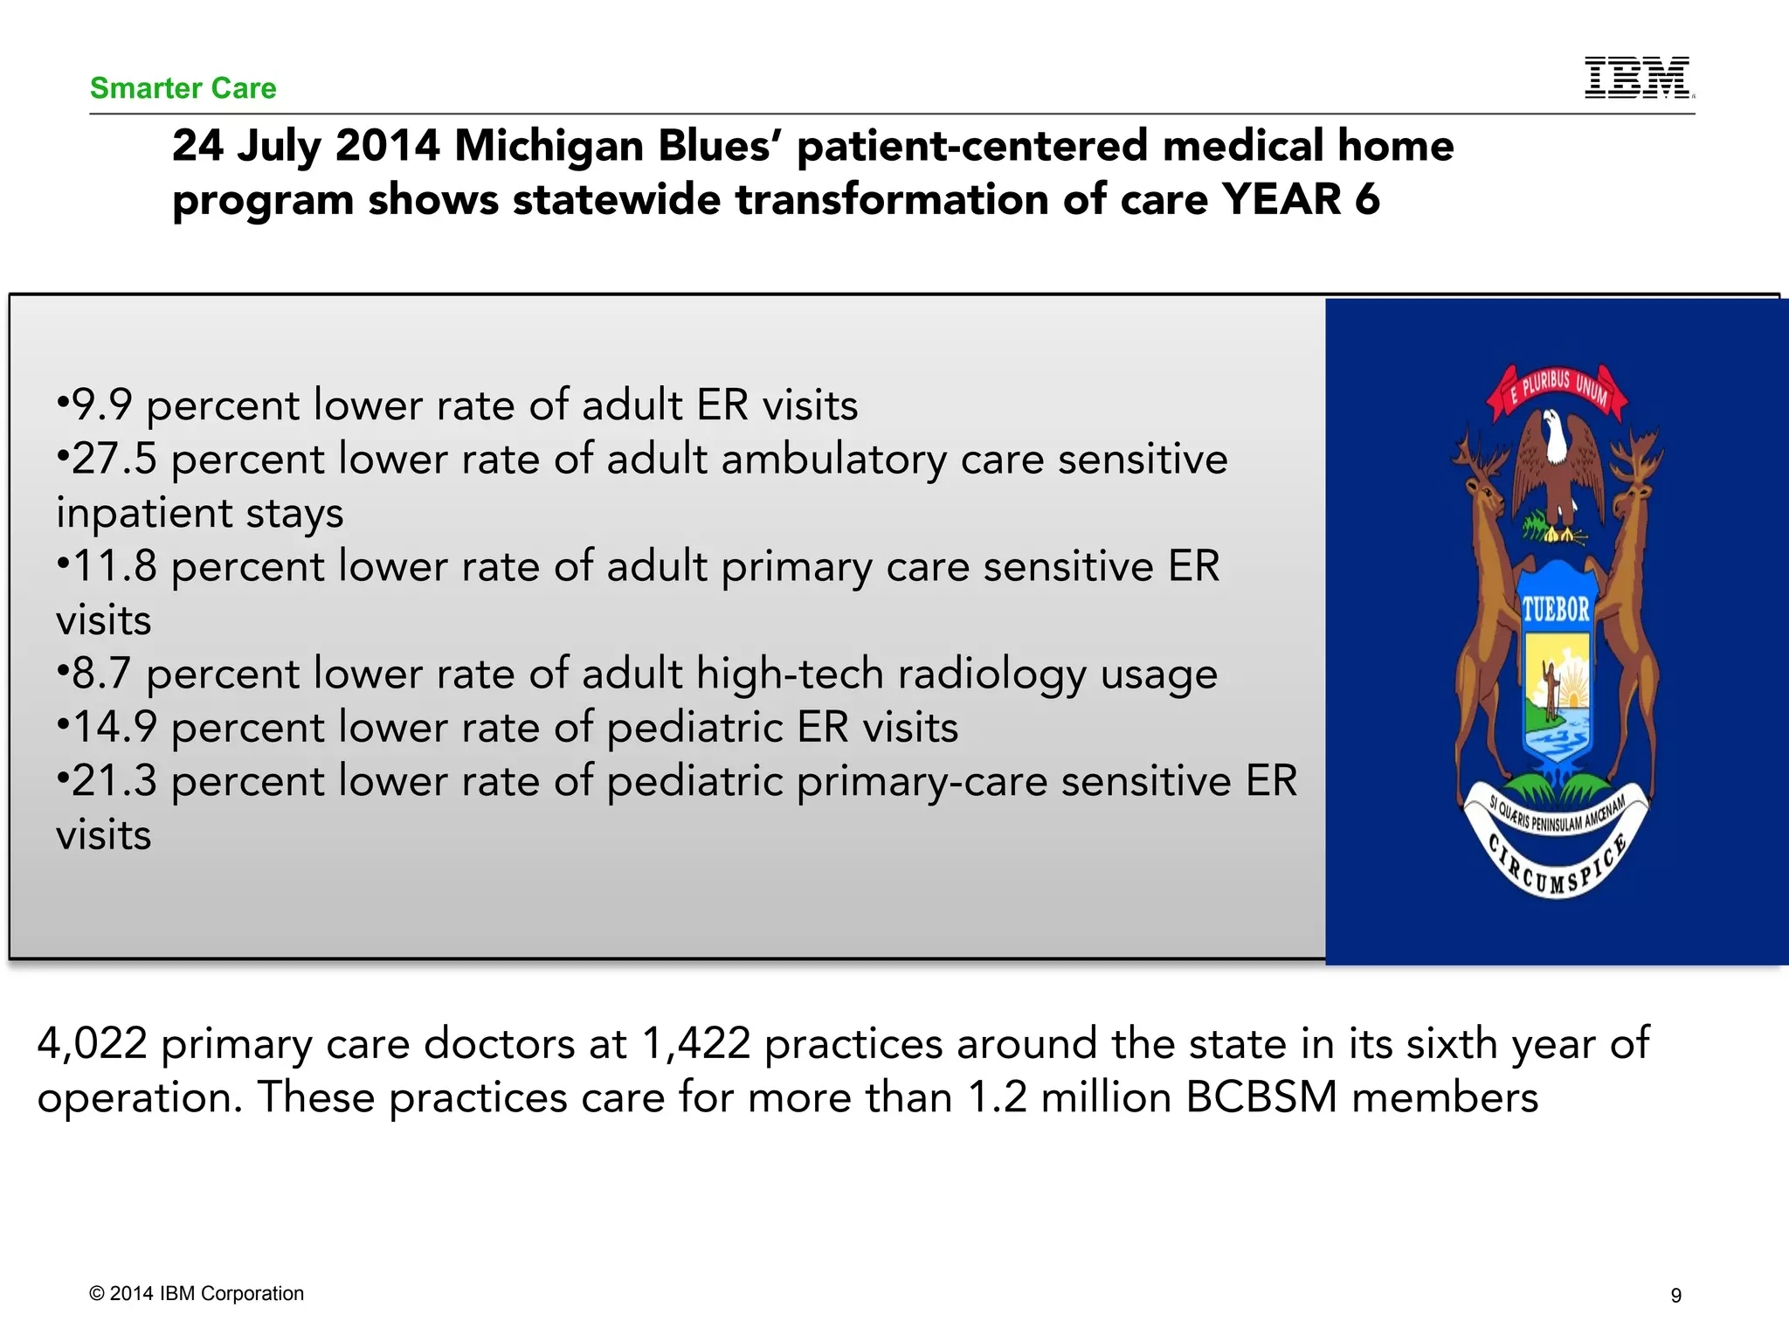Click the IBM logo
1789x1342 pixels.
pos(1638,78)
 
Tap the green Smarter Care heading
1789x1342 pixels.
pos(183,88)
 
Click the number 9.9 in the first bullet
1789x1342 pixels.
pos(101,405)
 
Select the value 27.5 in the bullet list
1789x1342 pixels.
pos(114,460)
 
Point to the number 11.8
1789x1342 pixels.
pos(114,567)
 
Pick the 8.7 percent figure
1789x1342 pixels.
pos(101,674)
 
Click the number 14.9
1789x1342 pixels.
pos(114,728)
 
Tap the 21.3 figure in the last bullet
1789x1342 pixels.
pos(114,782)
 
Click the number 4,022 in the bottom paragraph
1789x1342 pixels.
pos(92,1044)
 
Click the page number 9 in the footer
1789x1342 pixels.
pos(1675,1296)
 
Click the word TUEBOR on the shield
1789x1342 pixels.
pos(1556,609)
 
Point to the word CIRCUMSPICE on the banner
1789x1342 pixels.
pos(1556,869)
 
